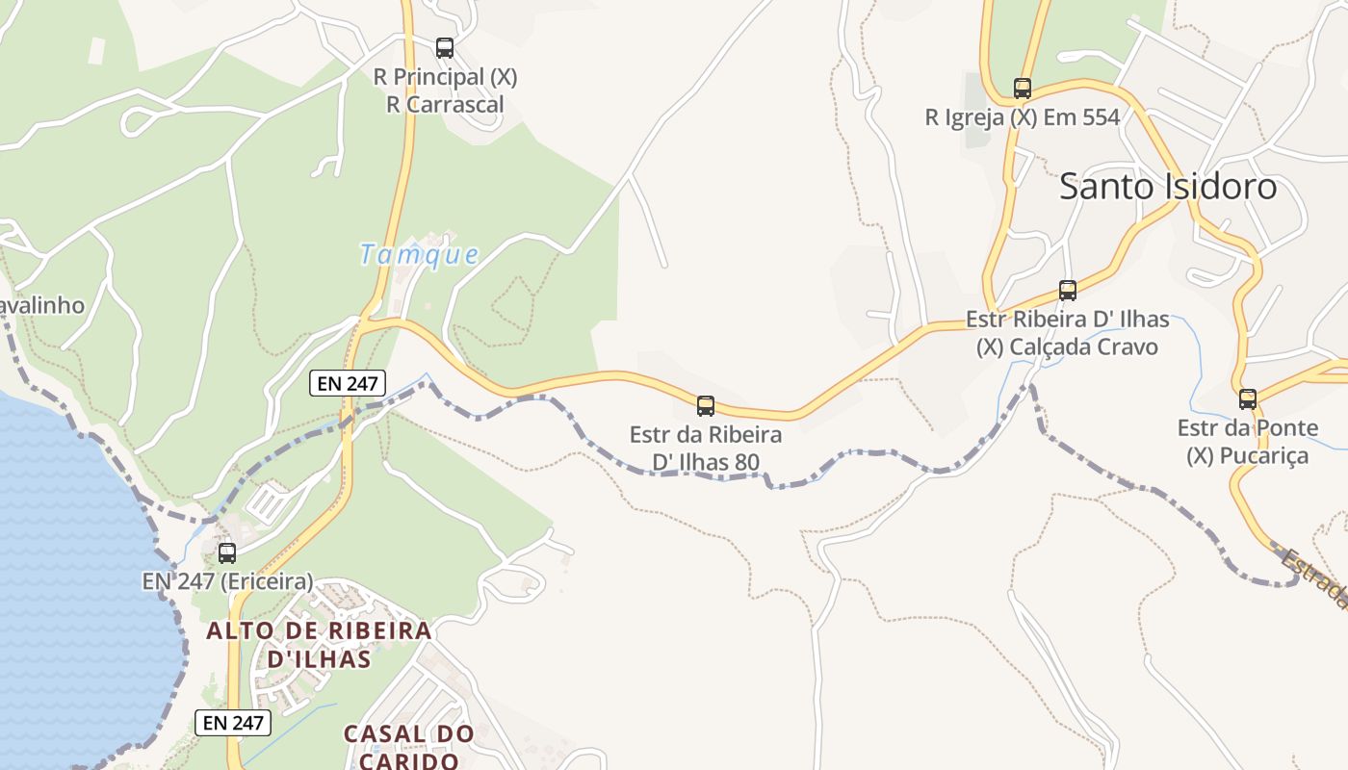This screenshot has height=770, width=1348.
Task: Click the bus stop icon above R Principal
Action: [x=444, y=48]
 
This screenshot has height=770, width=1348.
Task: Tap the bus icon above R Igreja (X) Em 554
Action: [x=1022, y=89]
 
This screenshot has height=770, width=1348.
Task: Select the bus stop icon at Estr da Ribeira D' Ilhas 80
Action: [x=706, y=406]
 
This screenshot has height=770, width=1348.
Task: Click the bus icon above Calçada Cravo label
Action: [x=1067, y=290]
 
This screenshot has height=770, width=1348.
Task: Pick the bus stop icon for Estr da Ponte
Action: [x=1248, y=398]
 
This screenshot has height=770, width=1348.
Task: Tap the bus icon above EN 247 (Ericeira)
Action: [x=227, y=552]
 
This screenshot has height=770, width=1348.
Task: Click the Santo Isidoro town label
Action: [x=1168, y=187]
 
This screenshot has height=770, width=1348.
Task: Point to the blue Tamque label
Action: [x=419, y=255]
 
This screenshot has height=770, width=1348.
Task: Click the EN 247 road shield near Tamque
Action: [x=348, y=383]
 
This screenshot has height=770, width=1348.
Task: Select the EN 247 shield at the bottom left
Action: [x=233, y=722]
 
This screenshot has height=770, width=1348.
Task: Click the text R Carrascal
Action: [x=445, y=104]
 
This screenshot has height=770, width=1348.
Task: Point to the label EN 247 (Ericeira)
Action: [x=227, y=581]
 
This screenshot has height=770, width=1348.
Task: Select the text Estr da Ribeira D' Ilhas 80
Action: [x=706, y=449]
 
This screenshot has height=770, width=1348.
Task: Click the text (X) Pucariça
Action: [x=1248, y=455]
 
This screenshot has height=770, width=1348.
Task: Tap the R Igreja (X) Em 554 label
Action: [x=1022, y=117]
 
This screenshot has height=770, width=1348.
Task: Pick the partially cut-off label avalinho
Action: [x=42, y=306]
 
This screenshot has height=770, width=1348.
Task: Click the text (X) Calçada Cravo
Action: [x=1067, y=346]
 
